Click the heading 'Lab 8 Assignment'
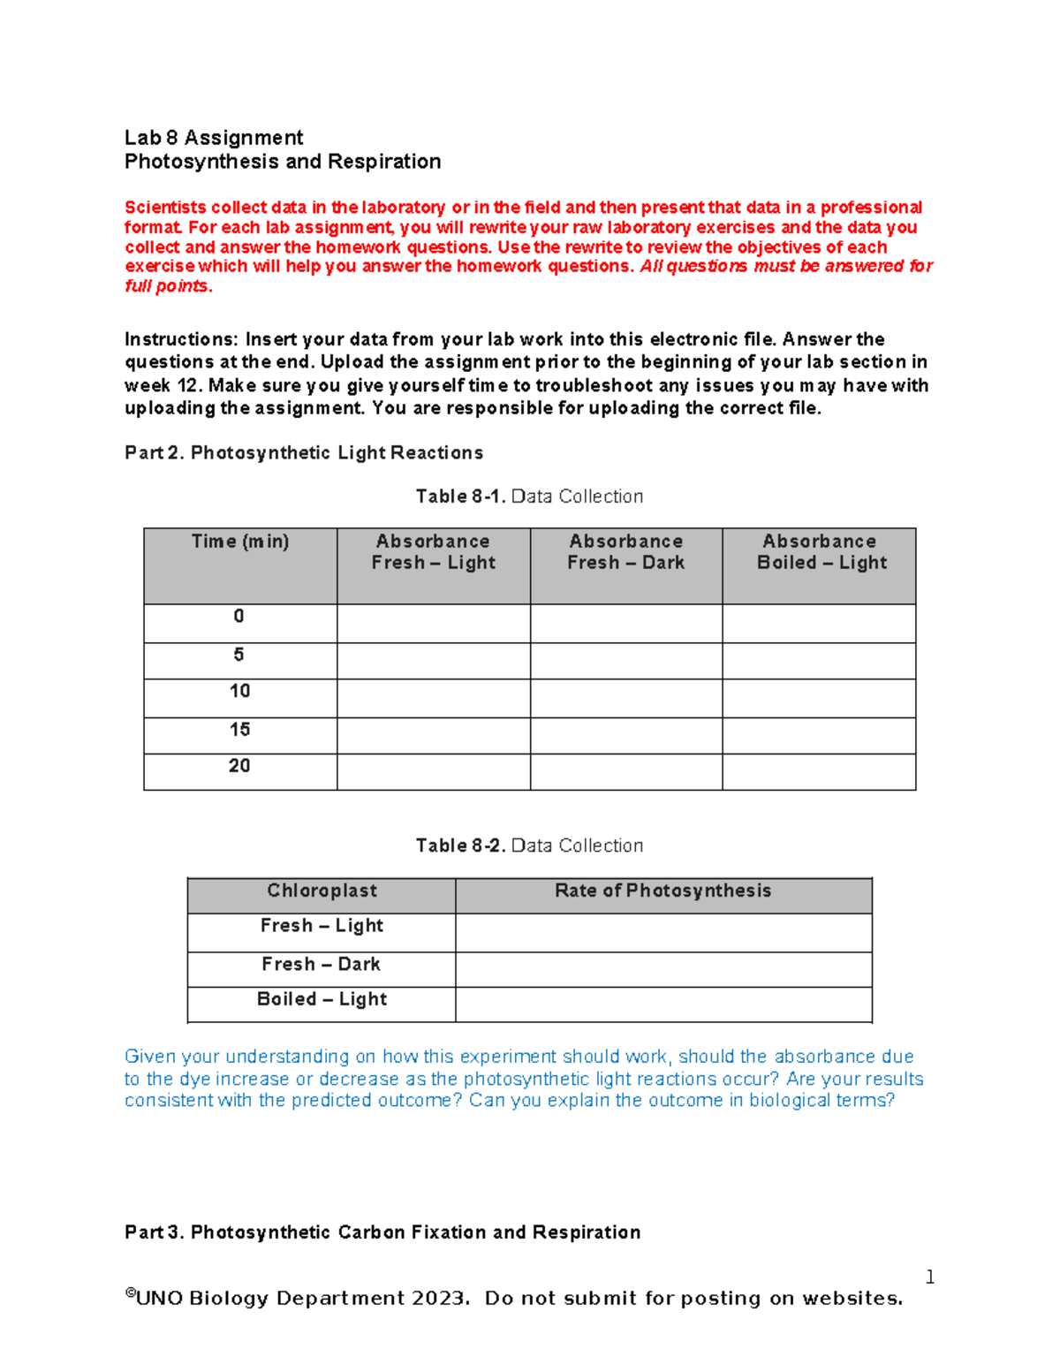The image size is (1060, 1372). (214, 138)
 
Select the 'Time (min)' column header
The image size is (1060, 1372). (240, 542)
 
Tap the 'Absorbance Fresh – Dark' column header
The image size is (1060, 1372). (625, 552)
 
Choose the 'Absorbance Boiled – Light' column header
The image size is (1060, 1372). (820, 552)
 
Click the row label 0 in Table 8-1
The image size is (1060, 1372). (238, 617)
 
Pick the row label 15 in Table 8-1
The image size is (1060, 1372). (239, 730)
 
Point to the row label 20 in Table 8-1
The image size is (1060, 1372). (239, 766)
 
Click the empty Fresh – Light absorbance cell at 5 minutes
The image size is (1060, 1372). (433, 661)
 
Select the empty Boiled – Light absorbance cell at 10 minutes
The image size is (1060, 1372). (819, 698)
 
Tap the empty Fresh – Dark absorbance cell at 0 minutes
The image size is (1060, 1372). (625, 623)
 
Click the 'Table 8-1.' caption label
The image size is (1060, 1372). (460, 496)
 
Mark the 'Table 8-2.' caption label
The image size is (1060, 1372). (460, 845)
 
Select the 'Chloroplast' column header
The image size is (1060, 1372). (322, 891)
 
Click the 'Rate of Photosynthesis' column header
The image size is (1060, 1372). (662, 891)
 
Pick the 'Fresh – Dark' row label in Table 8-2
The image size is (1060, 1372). (321, 964)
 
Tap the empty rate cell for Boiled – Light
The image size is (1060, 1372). (662, 1004)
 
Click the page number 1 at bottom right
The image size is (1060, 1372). (929, 1277)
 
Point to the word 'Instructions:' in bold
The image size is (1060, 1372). (181, 339)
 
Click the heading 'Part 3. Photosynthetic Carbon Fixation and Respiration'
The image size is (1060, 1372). (382, 1232)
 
